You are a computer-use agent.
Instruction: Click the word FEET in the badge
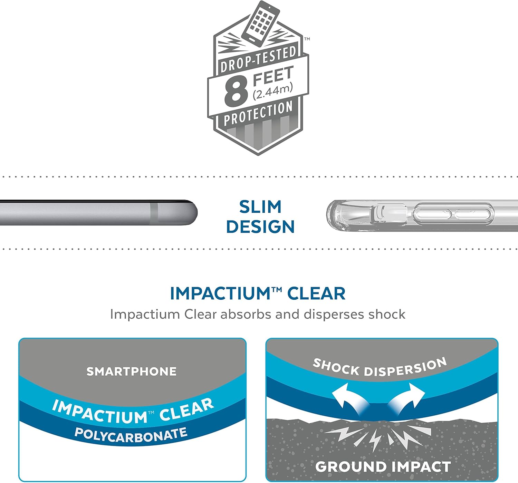273,76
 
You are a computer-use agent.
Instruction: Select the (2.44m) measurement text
273,91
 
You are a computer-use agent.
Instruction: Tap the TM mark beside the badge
307,39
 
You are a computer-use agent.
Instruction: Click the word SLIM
260,207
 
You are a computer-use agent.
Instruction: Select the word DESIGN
260,227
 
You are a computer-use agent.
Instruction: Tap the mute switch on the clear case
386,213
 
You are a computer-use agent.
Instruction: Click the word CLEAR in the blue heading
316,294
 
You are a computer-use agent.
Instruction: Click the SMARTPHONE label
132,371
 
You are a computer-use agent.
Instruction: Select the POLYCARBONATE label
131,435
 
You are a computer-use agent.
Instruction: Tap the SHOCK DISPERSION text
380,367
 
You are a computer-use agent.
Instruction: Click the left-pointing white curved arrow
347,397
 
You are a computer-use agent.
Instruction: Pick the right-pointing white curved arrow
407,397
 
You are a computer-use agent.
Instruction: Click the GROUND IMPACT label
383,467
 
